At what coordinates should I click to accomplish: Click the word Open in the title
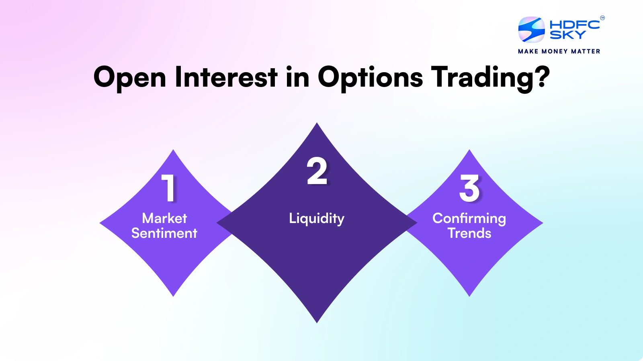(129, 78)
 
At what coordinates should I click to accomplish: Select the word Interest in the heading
(226, 77)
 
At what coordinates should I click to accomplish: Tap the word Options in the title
(370, 78)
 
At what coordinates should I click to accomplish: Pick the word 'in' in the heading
(297, 77)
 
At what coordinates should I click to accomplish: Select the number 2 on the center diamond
(317, 171)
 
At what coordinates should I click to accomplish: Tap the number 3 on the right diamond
(469, 188)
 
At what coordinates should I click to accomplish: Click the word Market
(164, 218)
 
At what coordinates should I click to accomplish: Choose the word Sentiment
(164, 233)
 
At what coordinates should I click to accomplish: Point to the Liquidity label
(317, 219)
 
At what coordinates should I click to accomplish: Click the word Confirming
(469, 219)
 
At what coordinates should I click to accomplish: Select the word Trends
(469, 233)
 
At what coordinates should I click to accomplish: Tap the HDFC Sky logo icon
(531, 30)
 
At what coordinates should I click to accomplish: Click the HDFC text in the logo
(575, 24)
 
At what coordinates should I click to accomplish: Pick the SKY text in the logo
(567, 35)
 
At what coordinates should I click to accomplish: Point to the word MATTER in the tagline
(586, 51)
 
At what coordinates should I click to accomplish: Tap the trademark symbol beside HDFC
(602, 18)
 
